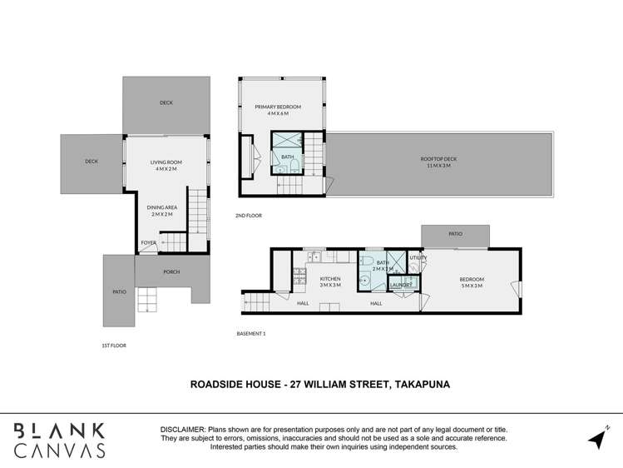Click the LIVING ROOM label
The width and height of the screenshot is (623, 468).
[166, 162]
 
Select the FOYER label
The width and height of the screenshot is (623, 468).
[148, 243]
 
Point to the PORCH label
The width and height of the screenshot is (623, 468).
[171, 271]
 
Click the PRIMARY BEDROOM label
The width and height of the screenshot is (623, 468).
[278, 107]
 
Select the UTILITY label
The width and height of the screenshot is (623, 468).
[418, 257]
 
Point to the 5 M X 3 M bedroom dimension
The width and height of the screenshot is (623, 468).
[472, 286]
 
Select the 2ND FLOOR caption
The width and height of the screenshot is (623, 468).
[249, 216]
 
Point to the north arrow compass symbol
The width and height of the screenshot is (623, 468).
[596, 438]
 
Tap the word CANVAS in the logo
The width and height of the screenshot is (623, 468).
[59, 451]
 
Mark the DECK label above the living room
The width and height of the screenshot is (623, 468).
[166, 103]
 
